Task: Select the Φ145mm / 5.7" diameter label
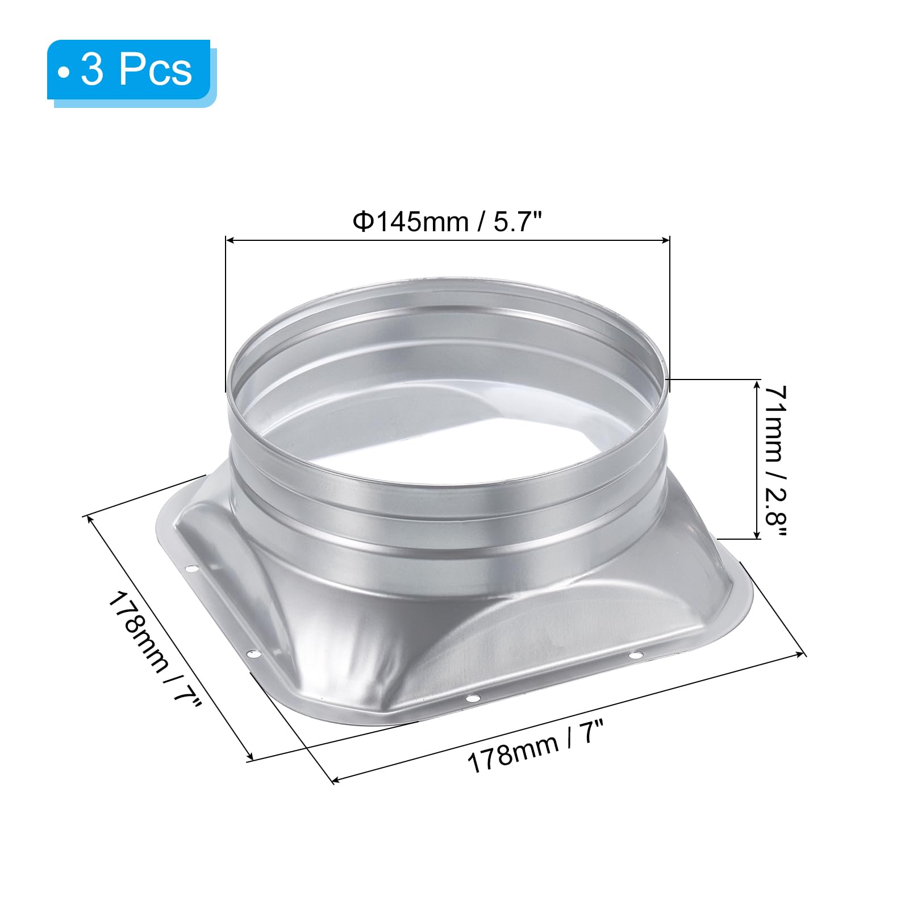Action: (448, 221)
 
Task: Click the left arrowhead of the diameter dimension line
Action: (230, 241)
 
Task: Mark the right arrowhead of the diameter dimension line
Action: (665, 241)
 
